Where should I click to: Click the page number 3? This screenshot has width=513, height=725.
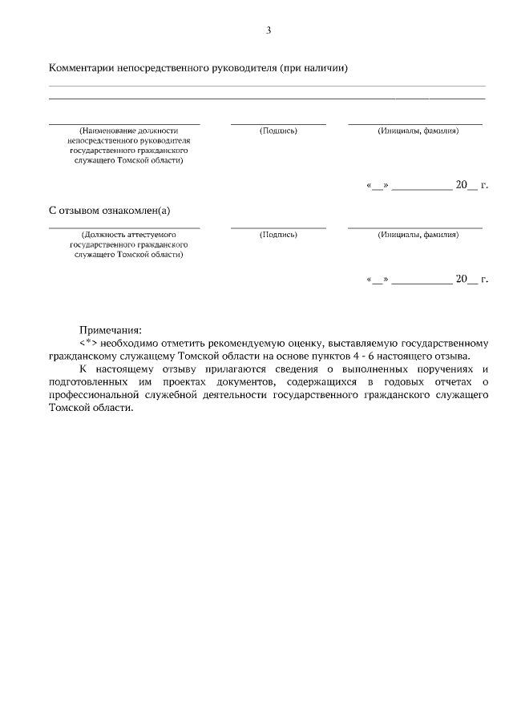269,30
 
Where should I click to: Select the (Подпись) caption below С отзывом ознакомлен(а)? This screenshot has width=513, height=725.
278,235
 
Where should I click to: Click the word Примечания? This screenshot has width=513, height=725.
110,329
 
